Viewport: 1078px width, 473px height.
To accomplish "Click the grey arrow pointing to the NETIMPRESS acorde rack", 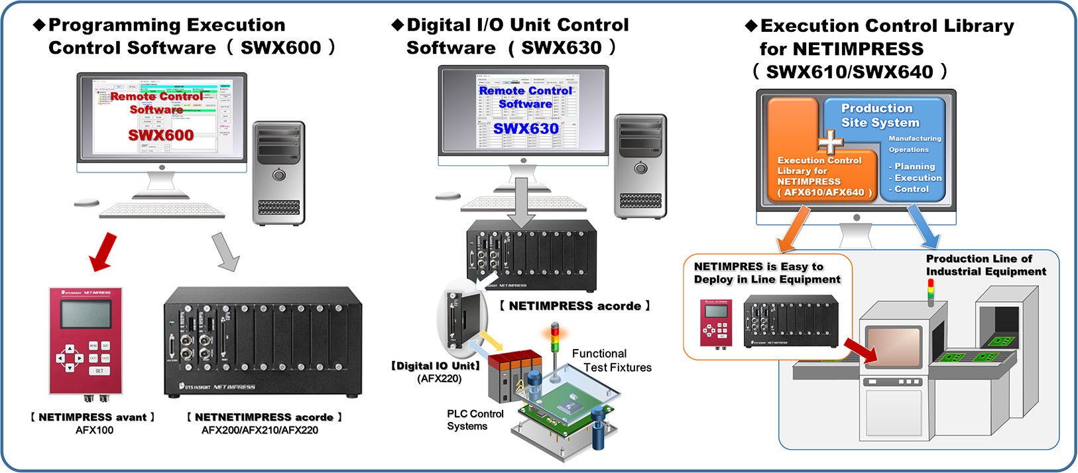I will pos(226,252).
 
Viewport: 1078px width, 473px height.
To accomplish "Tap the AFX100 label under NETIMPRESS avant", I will pos(94,430).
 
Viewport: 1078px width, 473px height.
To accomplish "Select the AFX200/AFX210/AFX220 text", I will pos(260,430).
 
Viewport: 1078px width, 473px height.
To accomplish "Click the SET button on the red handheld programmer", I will pos(99,371).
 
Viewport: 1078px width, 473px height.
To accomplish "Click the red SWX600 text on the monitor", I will pos(160,135).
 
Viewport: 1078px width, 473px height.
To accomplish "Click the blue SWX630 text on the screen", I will pos(526,129).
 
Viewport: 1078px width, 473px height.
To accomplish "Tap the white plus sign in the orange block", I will pos(830,142).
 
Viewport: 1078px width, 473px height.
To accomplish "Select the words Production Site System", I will pos(880,115).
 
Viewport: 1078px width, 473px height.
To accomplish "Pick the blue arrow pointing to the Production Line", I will pos(924,226).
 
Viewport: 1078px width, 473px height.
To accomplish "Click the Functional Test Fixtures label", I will pos(611,361).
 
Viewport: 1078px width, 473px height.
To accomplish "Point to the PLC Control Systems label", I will pos(475,420).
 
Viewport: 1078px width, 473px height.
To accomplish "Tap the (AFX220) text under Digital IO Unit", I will pos(439,379).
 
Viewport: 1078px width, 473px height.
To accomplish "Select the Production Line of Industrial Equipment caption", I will pos(985,265).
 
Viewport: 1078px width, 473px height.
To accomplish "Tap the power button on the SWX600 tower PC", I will pos(279,175).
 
